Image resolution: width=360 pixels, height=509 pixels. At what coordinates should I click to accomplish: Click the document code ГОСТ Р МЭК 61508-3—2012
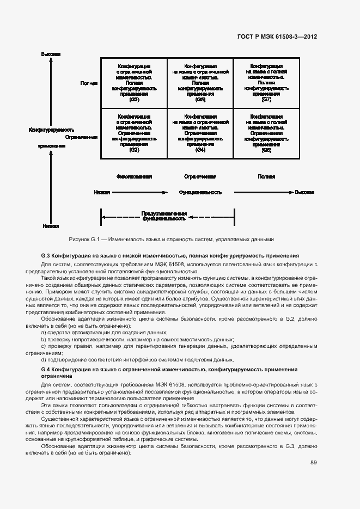coord(277,37)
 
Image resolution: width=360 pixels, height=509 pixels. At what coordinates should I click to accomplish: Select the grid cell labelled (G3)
coord(134,83)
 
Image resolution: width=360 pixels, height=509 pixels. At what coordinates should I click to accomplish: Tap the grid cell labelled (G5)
coord(200,83)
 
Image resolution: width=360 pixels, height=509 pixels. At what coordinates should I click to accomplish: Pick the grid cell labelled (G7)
coord(266,83)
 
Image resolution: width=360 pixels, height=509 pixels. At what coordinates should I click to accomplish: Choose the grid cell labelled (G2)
coord(134,133)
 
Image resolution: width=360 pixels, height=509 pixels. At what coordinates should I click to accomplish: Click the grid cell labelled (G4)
coord(200,133)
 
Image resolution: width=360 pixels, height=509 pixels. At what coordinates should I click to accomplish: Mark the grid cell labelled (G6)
coord(266,133)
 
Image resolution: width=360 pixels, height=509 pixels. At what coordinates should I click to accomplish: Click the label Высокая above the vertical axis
coord(50,54)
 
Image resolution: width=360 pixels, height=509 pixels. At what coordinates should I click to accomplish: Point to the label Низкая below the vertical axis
coord(50,225)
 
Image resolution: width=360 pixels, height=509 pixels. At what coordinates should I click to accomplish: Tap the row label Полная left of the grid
coord(89,83)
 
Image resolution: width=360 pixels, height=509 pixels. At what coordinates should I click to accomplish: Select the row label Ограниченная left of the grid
coord(81,137)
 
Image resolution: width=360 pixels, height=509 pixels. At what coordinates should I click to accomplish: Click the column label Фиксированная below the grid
coord(134,177)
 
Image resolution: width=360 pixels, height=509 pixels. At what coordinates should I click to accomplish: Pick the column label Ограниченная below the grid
coord(200,177)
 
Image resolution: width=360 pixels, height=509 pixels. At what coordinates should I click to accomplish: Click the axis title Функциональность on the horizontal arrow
coord(200,192)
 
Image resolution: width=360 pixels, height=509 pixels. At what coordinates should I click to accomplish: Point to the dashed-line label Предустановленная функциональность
coord(164,216)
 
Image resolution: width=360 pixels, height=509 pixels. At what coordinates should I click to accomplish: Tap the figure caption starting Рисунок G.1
coord(172,239)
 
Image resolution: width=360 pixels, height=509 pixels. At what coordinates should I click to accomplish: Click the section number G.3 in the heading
coord(46,255)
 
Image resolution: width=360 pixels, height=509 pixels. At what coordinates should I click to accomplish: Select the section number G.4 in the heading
coord(46,369)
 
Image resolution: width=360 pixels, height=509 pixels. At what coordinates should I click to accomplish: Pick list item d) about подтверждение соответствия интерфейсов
coord(137,360)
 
